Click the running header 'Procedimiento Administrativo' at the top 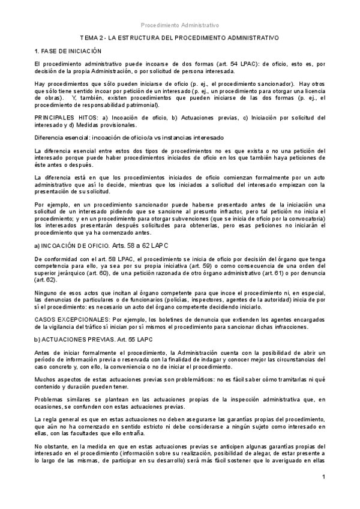click(x=180, y=25)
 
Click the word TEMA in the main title click(x=89, y=37)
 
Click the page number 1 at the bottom click(x=323, y=477)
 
